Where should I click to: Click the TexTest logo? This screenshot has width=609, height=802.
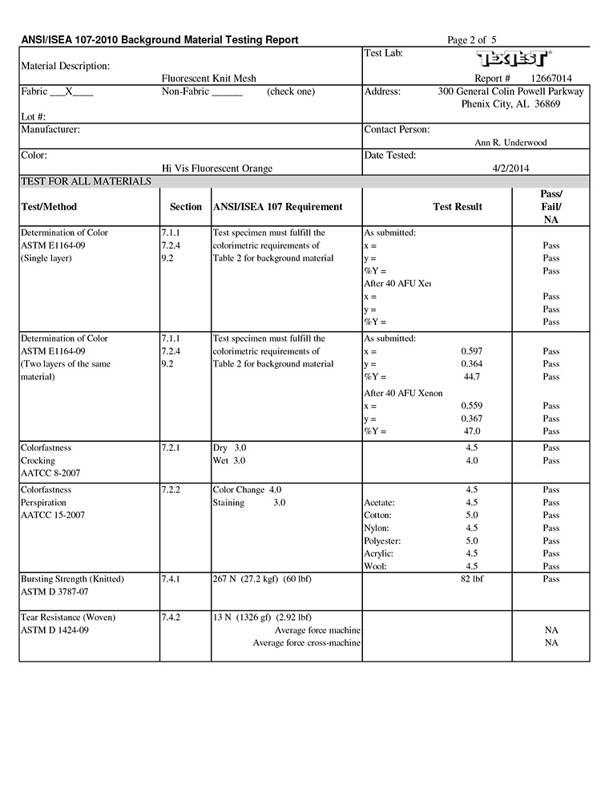coord(514,59)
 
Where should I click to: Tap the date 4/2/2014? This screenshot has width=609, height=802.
coord(510,168)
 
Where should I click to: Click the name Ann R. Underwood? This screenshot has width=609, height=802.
coord(511,143)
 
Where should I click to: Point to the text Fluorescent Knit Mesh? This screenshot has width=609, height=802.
coord(209,79)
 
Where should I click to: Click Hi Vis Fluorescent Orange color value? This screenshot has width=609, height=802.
coord(217,168)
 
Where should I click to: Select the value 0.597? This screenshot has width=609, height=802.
coord(472,351)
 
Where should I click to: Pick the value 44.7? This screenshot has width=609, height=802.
coord(472,377)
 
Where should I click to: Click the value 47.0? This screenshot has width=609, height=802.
coord(472,431)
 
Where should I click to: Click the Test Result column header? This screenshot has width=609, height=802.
coord(458,207)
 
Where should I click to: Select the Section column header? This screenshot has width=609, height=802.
coord(186,207)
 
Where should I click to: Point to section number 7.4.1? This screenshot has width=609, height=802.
coord(171,579)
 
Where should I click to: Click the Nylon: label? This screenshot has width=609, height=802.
coord(377,528)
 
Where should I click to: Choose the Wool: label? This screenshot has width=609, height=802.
coord(375,566)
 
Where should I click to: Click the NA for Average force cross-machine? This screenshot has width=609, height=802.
coord(551,643)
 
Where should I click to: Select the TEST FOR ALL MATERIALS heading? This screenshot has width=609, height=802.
coord(86,181)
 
